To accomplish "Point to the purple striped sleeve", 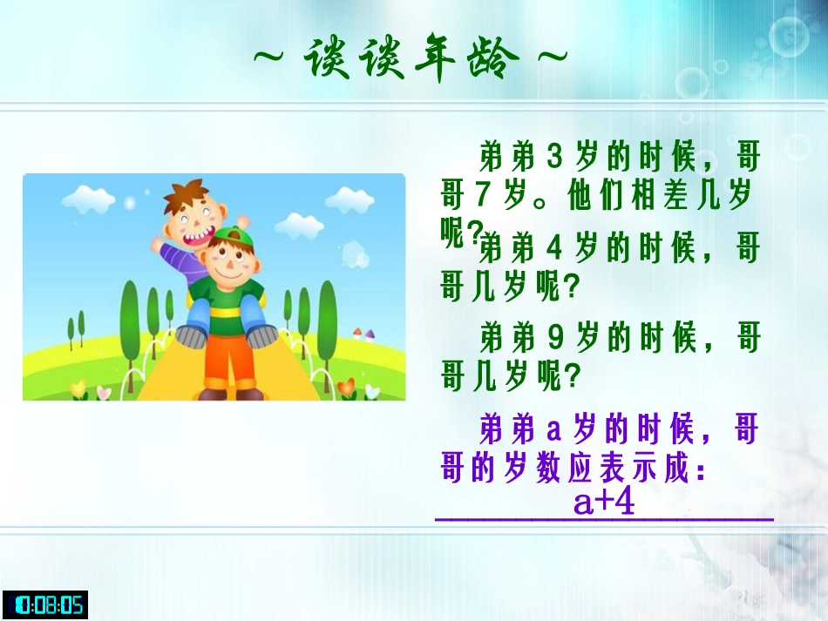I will point(179,259).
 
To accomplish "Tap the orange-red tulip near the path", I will point(346,386).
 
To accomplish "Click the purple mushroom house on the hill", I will point(369,335).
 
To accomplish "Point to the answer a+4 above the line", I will point(604,502).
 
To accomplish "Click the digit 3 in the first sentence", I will point(555,159).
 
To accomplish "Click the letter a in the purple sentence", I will point(554,430).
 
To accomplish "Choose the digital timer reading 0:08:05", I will point(45,604).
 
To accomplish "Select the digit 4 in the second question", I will point(555,249).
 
